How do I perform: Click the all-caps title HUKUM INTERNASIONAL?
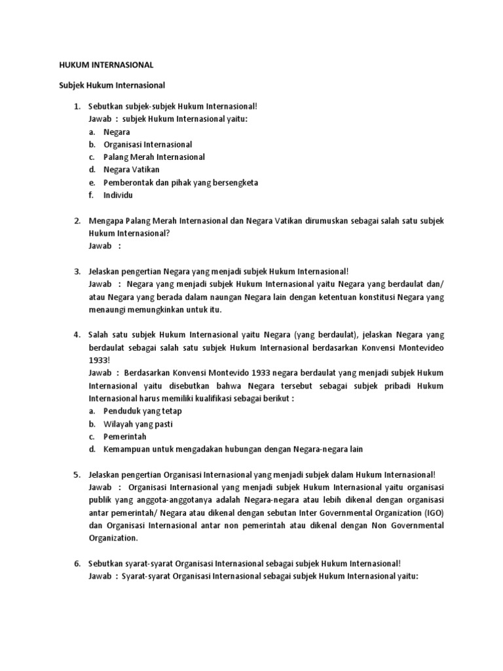click(x=103, y=66)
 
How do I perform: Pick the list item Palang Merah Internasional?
click(x=154, y=157)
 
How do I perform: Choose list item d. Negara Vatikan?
click(x=131, y=170)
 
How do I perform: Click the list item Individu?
click(x=119, y=195)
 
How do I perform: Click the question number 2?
click(x=77, y=221)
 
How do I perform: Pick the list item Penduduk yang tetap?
click(x=143, y=411)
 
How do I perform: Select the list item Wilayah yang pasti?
click(x=138, y=424)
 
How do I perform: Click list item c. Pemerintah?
click(x=124, y=436)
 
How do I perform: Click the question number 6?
click(x=77, y=564)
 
